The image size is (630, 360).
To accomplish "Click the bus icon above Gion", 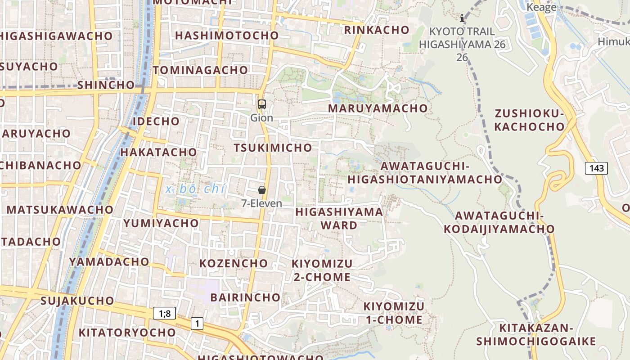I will (x=261, y=104).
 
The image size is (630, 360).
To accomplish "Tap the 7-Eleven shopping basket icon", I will (x=262, y=190).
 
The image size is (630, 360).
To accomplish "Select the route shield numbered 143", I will (x=596, y=168).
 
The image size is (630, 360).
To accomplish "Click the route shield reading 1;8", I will (x=164, y=313).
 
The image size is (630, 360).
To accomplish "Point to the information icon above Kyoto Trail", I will (x=462, y=18).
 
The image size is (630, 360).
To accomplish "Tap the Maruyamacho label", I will (x=378, y=108).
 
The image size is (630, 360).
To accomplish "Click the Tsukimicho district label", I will (x=273, y=148).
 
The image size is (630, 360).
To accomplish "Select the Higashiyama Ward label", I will (x=339, y=218).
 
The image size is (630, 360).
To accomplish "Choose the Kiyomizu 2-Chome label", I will (x=322, y=270).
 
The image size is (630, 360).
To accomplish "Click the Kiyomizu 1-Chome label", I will (x=393, y=313).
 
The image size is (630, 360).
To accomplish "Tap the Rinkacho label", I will (x=377, y=30).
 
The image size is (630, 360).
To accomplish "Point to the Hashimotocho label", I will (x=227, y=36).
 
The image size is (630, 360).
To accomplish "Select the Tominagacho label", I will (x=200, y=70).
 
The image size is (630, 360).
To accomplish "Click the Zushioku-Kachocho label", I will (x=529, y=120).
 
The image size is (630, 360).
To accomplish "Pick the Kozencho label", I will (x=234, y=263).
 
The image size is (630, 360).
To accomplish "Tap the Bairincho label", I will (x=245, y=297).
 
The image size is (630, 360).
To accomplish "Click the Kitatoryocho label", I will (x=127, y=333).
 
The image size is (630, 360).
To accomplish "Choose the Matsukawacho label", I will (x=60, y=210).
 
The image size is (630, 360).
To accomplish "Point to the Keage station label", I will (x=541, y=7).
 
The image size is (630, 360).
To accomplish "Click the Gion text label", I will (x=261, y=118).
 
